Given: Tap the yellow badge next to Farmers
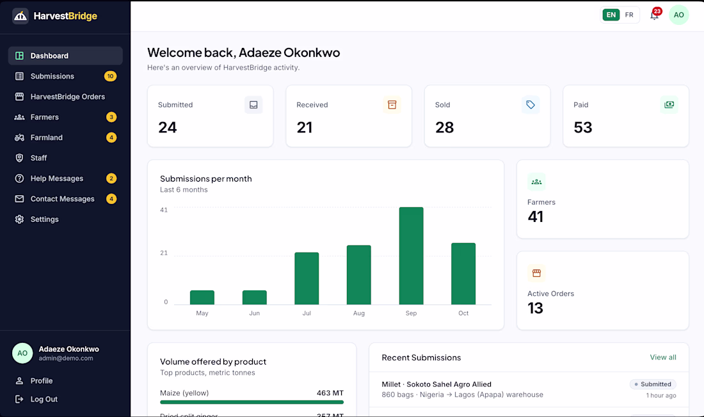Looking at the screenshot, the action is pos(111,117).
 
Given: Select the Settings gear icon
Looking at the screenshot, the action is pos(19,219).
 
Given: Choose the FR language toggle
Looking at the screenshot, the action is pos(629,15).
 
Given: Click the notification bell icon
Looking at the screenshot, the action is pos(654,16).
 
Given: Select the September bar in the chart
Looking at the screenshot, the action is pos(411,256).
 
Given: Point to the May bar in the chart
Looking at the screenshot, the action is pos(202,297).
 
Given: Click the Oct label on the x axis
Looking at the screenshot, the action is pos(463,313).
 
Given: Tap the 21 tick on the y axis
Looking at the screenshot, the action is pos(164,253).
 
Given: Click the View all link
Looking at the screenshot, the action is pos(662,358).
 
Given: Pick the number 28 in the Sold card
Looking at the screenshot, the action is pos(445,127).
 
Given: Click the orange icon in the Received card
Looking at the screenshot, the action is pos(392,105).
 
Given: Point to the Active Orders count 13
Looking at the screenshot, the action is pos(535,308).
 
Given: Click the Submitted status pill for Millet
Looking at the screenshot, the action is pos(653,384).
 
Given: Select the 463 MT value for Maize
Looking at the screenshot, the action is pos(330,393).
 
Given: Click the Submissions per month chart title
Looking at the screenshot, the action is pos(206,178).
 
